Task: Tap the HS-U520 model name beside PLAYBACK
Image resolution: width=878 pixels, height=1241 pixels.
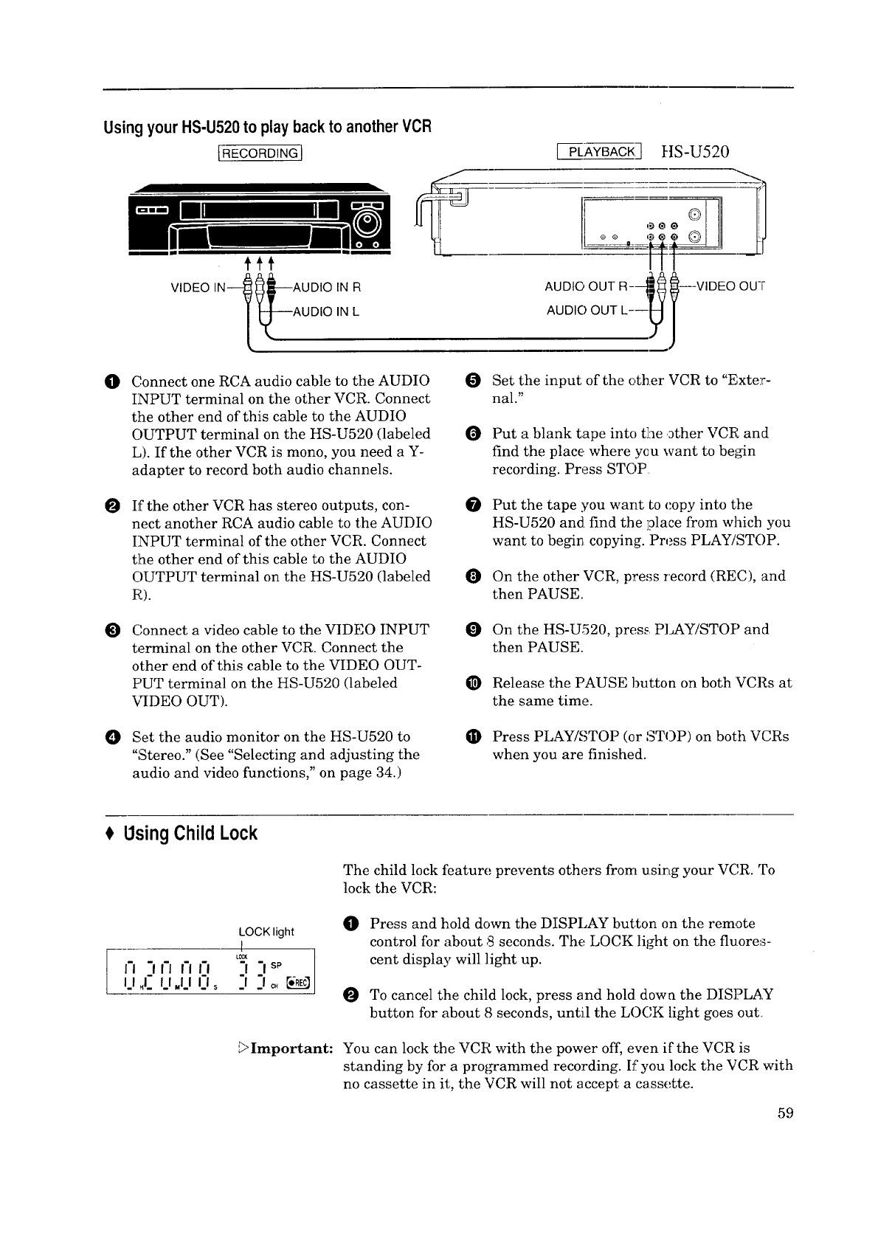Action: (x=695, y=152)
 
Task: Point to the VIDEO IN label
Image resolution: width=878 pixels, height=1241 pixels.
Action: (x=193, y=288)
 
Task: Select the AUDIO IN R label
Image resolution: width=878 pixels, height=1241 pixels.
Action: (x=325, y=288)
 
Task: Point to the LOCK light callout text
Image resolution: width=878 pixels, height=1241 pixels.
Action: (x=266, y=932)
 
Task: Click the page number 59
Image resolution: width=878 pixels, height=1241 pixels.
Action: (x=784, y=1113)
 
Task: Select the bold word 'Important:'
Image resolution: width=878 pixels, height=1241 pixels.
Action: (x=292, y=1048)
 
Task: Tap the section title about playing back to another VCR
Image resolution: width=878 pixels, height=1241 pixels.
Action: (x=267, y=127)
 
